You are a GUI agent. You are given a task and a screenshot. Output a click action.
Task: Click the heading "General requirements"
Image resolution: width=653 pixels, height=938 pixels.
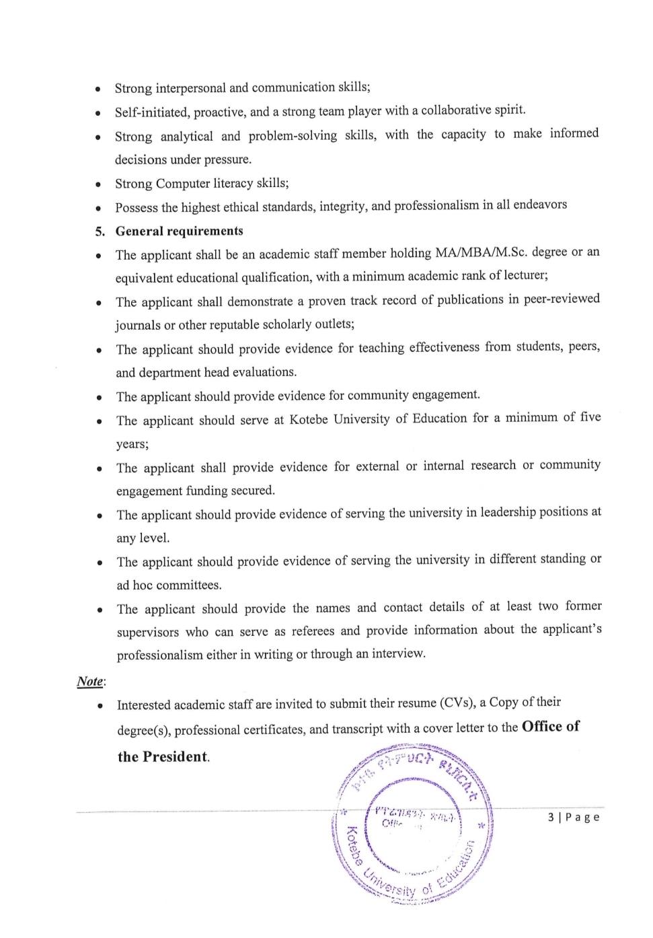[179, 231]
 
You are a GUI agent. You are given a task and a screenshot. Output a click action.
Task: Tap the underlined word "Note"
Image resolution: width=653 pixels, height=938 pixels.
[89, 681]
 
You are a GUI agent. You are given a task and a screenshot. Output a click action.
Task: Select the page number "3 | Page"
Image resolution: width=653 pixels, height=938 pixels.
[574, 817]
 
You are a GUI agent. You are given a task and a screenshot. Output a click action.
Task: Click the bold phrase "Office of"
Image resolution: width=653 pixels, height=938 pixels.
[550, 727]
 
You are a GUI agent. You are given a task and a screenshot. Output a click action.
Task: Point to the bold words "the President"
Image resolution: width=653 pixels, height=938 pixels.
[163, 757]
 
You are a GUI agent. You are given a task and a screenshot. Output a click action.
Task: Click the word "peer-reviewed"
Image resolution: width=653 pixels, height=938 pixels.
[562, 299]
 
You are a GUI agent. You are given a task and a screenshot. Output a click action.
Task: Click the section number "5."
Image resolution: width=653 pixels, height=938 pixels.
[100, 231]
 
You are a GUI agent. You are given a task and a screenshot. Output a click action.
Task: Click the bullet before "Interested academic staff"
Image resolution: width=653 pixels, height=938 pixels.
[100, 706]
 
